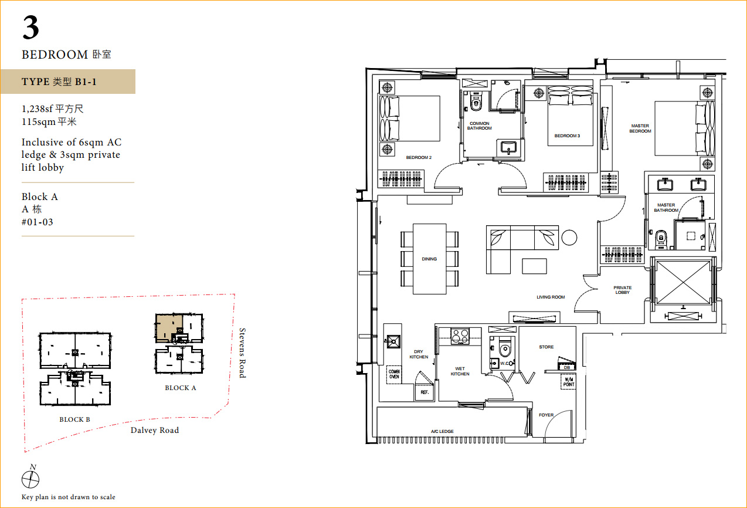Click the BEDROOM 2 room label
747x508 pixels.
(419, 157)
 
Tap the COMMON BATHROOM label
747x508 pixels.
(479, 126)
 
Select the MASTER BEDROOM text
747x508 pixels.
(640, 128)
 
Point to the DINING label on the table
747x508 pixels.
(429, 259)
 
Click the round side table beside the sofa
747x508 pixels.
(569, 238)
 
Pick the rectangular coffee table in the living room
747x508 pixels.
(534, 266)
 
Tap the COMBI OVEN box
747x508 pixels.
(394, 374)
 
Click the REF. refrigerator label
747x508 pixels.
(424, 392)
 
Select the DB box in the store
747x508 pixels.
(567, 367)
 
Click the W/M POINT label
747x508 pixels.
(569, 382)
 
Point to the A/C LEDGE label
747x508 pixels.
(442, 431)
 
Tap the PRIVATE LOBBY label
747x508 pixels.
(622, 290)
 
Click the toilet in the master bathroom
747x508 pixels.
(661, 239)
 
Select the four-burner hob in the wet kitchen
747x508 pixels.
(460, 336)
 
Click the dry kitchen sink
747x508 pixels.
(393, 341)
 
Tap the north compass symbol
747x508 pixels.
(30, 477)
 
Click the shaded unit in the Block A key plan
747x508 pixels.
(169, 328)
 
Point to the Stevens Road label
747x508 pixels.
(242, 353)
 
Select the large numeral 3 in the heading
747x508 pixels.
(31, 28)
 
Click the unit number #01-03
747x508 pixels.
(38, 222)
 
